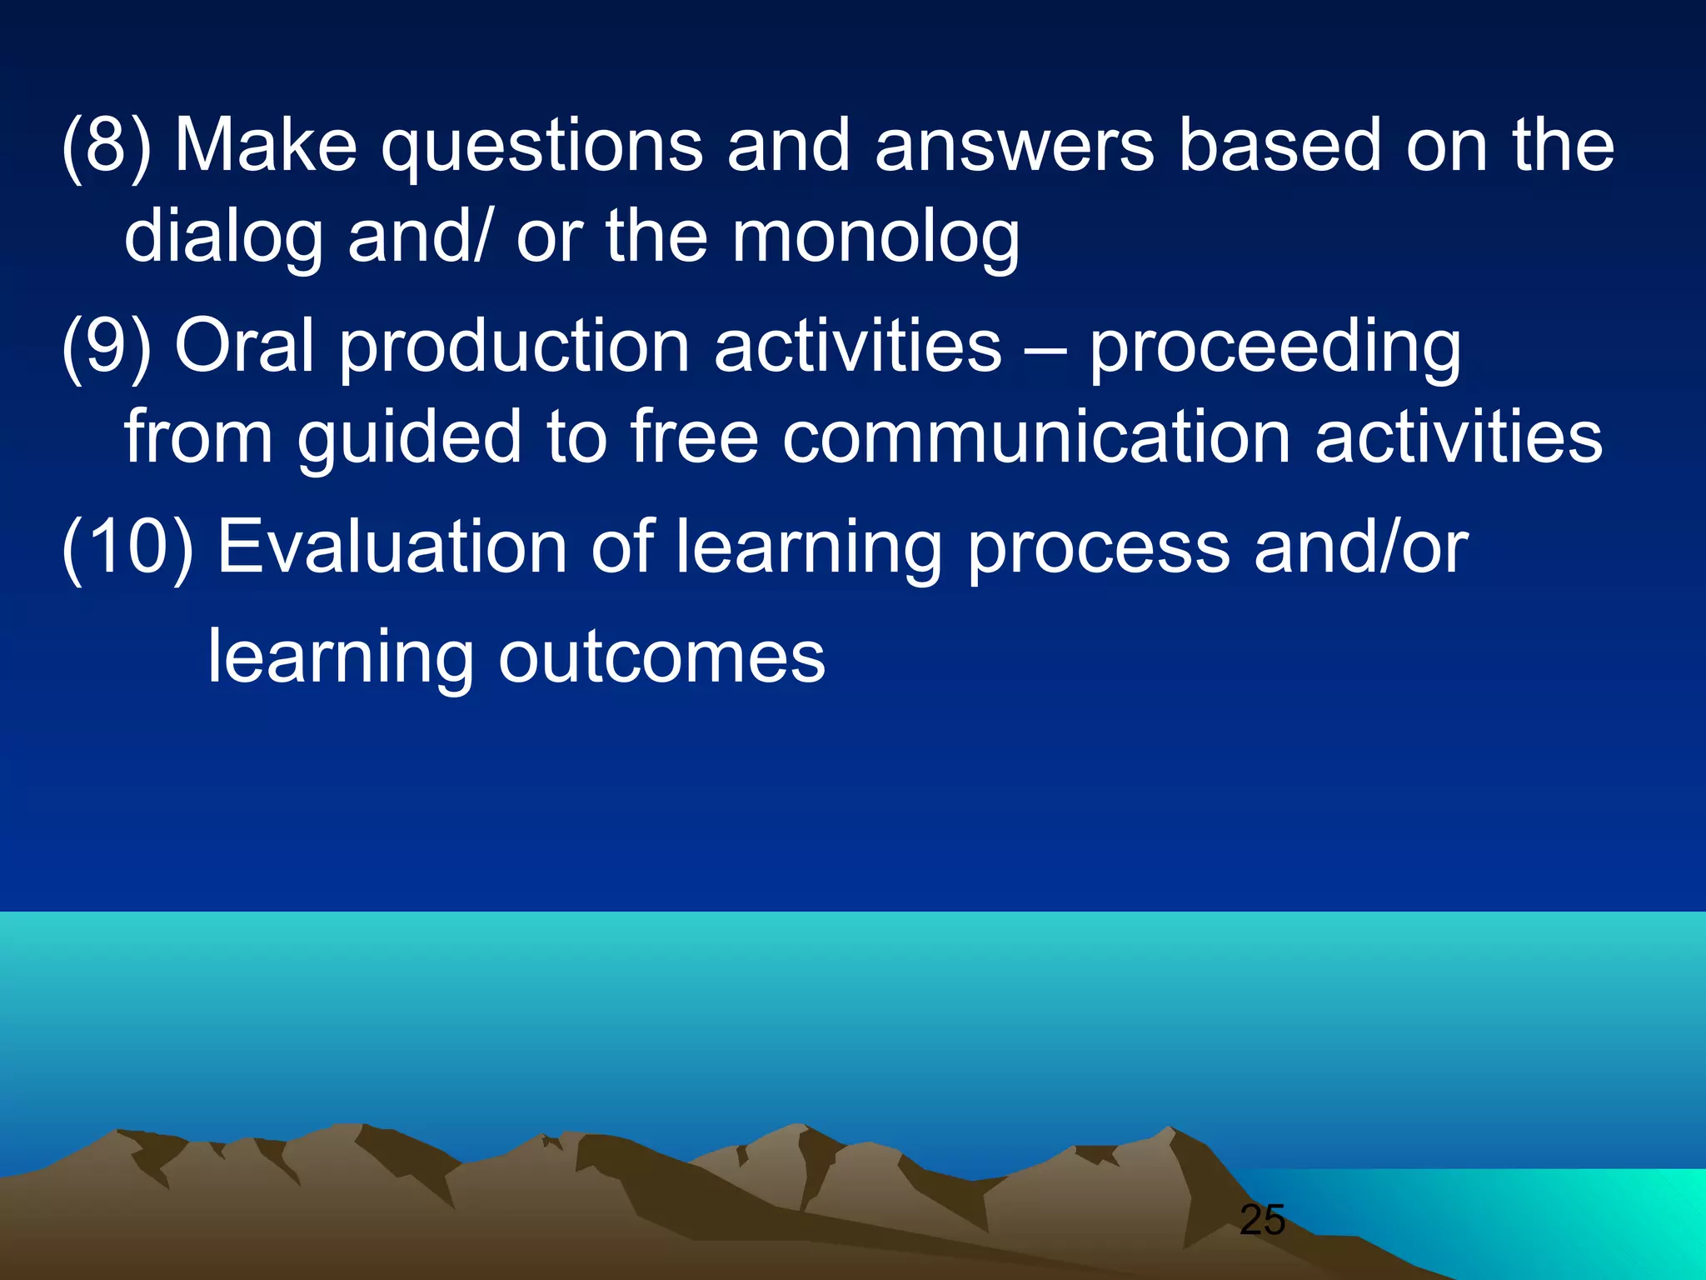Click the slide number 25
click(1262, 1220)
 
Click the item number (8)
click(107, 147)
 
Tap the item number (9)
click(107, 347)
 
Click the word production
click(514, 348)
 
